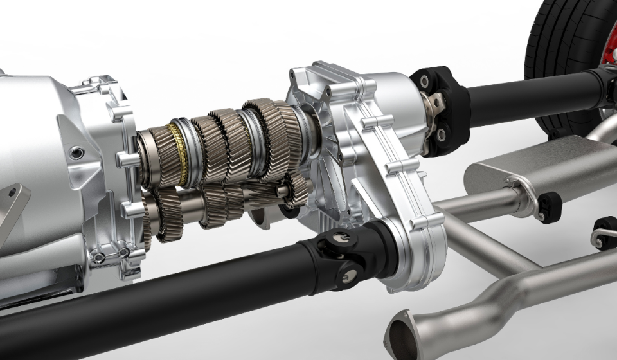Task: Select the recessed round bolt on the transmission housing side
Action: pyautogui.click(x=77, y=153)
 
